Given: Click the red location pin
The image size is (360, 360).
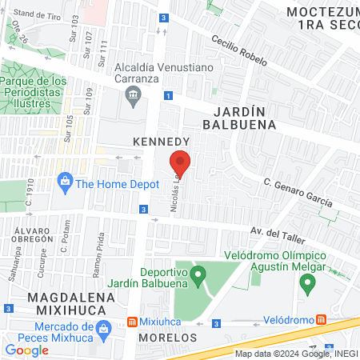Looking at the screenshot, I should coord(180,162).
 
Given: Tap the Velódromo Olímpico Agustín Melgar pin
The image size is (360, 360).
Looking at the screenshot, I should coord(305,283).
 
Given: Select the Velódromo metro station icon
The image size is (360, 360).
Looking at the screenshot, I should coord(321,319).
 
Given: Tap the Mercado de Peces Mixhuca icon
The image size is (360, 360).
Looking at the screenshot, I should coord(102,328).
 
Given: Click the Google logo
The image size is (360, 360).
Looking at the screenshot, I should coord(27,350).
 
